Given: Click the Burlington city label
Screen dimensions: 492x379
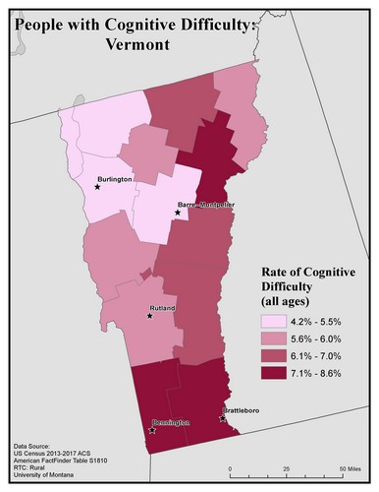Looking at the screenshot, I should click(x=115, y=179).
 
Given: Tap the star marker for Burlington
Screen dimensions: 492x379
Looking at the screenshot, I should click(x=97, y=185).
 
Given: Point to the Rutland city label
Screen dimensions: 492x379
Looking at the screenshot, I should click(x=162, y=309).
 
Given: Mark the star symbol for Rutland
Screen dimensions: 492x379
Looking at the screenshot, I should click(x=149, y=316).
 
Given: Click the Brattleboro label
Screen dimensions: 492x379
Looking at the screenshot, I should click(x=244, y=410).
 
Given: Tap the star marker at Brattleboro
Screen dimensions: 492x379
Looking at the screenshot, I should click(x=222, y=417).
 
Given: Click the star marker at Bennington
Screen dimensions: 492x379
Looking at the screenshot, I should click(x=152, y=429).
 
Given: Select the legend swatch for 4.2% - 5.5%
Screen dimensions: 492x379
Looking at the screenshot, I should click(x=272, y=321).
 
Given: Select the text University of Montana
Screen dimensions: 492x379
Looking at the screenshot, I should click(x=46, y=478).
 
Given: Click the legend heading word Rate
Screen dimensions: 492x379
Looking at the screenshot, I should click(x=278, y=272).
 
